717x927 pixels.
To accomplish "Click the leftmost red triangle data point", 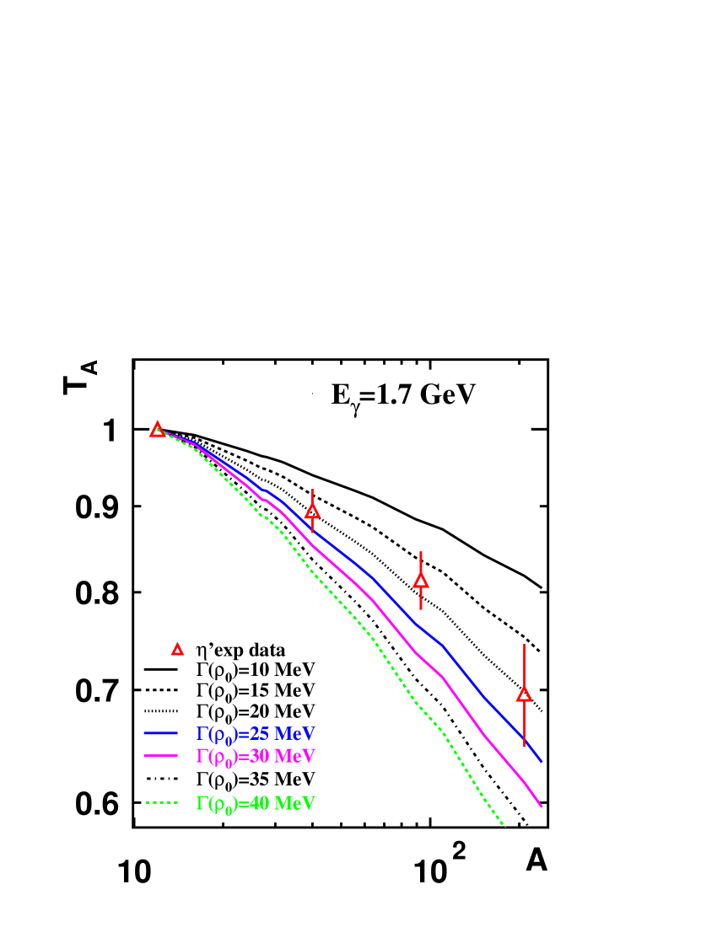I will coord(158,430).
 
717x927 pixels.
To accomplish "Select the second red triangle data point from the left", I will coord(312,511).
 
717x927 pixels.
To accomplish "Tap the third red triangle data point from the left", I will coord(421,580).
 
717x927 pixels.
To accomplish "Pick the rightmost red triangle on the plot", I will coord(524,694).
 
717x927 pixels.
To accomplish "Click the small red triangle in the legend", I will coord(177,649).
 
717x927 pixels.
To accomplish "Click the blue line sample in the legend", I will coord(160,733).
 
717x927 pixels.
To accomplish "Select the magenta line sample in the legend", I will coord(160,756).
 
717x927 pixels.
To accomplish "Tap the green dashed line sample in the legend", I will coord(160,803).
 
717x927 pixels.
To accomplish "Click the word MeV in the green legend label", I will coord(294,803).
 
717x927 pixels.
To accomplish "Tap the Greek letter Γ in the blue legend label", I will coord(202,733).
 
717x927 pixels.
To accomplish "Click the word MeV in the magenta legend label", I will coord(294,756).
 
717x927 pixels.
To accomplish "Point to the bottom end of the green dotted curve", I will coord(504,826).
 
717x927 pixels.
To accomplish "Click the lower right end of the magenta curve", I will coord(541,806).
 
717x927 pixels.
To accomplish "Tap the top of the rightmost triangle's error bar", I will coord(524,645).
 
